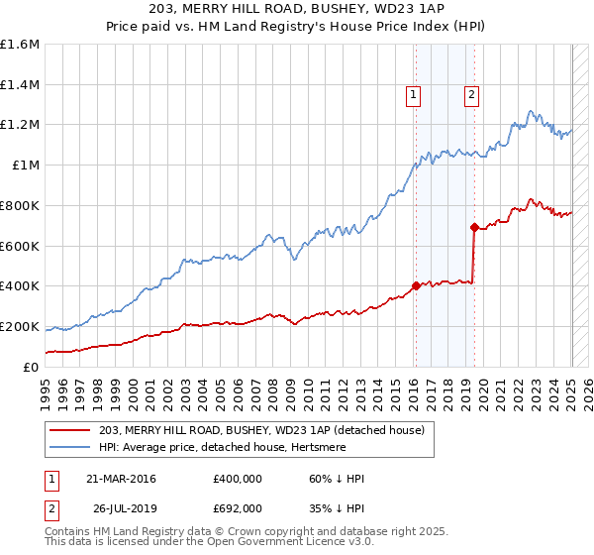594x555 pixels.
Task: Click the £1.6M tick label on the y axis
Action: pos(20,45)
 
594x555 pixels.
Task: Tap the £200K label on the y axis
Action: pos(20,326)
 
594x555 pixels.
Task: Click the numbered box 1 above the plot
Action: pos(413,95)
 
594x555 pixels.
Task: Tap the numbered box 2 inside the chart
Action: pos(471,95)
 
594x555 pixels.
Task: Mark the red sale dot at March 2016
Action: pos(416,285)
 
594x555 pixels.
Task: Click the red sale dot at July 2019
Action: pos(474,227)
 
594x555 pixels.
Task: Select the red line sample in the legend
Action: pos(71,430)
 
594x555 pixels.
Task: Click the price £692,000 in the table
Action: pos(238,508)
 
